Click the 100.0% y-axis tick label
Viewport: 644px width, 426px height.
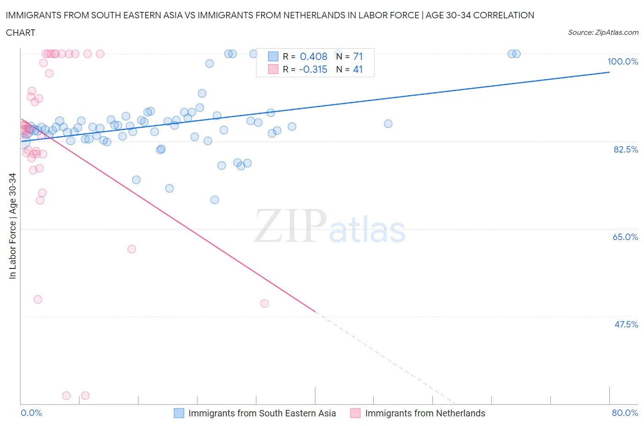point(622,62)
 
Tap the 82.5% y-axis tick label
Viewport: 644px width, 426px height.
point(626,149)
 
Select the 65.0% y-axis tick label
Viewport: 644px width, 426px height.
point(625,237)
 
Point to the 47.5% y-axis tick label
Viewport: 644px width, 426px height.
point(626,324)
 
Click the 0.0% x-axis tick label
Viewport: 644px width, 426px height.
point(31,413)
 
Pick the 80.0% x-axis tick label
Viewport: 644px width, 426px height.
point(625,413)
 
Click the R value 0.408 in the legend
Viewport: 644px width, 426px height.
point(313,56)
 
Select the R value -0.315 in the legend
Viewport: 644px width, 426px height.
point(313,69)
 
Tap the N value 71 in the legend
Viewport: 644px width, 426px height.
point(358,56)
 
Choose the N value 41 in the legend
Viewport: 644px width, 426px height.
point(358,69)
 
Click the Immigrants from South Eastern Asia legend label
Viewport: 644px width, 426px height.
point(262,413)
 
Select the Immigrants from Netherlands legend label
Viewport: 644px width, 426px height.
point(425,413)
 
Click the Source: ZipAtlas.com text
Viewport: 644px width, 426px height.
point(603,33)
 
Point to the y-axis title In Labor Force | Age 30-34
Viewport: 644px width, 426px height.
point(12,226)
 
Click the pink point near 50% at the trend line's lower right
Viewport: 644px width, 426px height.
point(264,303)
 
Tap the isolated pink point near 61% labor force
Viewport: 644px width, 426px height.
point(131,249)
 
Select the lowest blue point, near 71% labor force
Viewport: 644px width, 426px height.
point(214,200)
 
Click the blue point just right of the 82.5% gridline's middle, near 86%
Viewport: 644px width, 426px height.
point(388,124)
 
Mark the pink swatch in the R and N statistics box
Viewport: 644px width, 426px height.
point(273,69)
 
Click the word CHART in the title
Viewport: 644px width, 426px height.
point(21,33)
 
